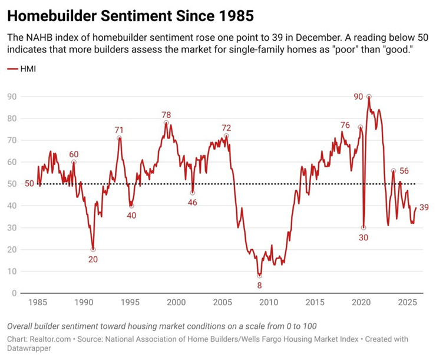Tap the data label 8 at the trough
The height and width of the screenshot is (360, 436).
(x=259, y=286)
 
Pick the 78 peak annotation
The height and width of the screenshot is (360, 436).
(x=166, y=114)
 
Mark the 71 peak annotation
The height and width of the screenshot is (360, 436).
(x=120, y=130)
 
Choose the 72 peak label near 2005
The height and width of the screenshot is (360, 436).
(x=226, y=127)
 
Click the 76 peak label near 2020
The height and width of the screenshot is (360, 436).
(x=345, y=125)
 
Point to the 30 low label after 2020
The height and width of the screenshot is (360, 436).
(x=363, y=237)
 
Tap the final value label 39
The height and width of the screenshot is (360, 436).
(x=424, y=207)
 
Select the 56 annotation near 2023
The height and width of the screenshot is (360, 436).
(x=404, y=171)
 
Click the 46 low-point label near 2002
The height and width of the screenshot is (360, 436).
(x=193, y=202)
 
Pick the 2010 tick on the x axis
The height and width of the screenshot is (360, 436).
(x=269, y=302)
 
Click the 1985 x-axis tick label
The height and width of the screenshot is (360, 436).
(x=38, y=302)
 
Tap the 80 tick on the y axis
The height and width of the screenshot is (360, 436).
(x=11, y=118)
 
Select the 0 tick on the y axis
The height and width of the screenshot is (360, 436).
(x=13, y=293)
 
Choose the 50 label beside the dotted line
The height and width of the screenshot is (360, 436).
(x=29, y=184)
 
